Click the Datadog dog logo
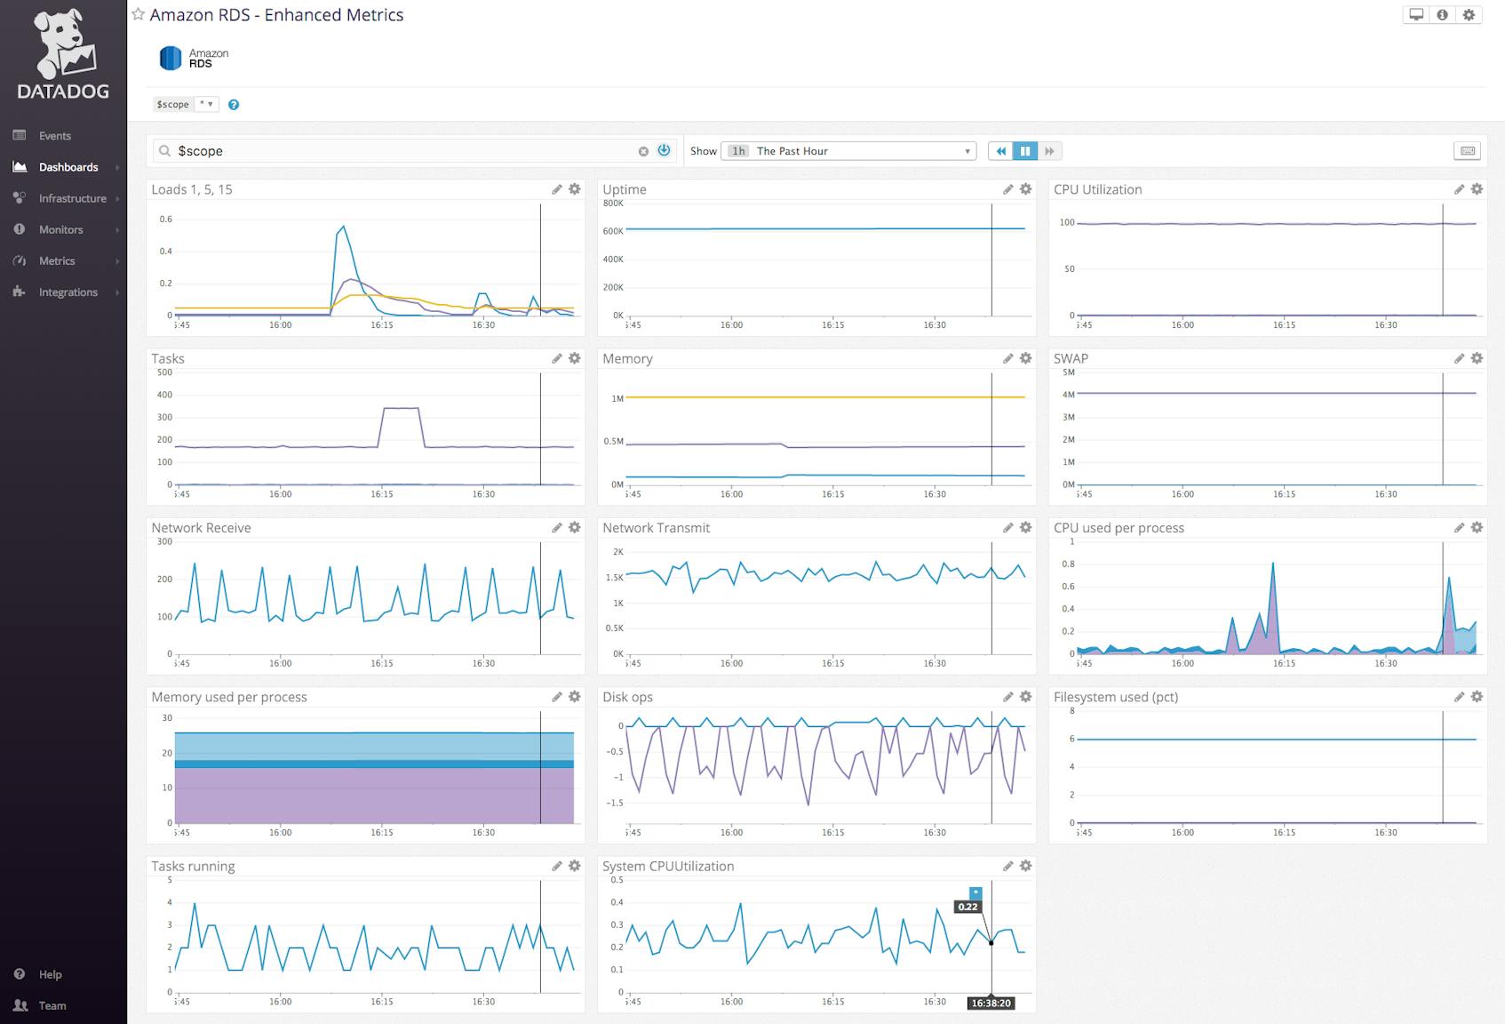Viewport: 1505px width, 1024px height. click(63, 44)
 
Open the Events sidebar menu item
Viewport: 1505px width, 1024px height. click(54, 136)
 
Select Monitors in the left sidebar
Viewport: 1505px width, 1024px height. click(60, 229)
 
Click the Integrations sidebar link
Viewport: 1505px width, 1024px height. click(68, 292)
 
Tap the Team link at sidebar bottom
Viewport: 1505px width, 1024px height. click(52, 1005)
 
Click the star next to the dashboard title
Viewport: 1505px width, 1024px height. click(138, 14)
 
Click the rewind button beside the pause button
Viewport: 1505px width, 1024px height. click(1000, 151)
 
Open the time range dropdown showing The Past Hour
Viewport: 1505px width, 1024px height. click(848, 151)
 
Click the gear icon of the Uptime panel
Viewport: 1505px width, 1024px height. click(1025, 189)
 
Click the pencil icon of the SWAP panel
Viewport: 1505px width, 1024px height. click(1459, 358)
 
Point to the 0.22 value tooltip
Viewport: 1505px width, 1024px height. click(967, 907)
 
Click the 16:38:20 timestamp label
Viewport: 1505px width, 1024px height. click(991, 1003)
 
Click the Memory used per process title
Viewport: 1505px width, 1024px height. click(229, 697)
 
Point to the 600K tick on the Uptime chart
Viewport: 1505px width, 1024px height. click(613, 231)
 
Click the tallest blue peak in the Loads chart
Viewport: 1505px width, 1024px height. click(344, 227)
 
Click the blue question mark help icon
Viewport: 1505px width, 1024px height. click(234, 105)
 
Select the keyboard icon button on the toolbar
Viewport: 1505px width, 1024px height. click(1468, 151)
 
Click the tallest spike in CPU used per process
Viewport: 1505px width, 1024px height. click(1273, 564)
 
